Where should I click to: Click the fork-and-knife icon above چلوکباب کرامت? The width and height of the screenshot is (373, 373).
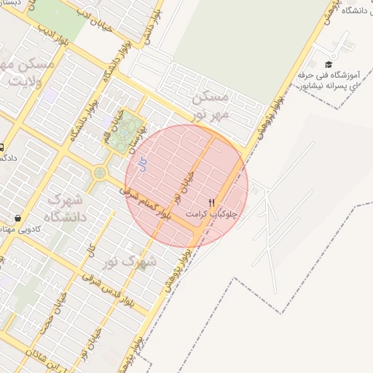pyautogui.click(x=212, y=203)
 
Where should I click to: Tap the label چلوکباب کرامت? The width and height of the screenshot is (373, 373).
pyautogui.click(x=212, y=215)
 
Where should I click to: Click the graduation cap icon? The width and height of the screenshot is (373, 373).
pyautogui.click(x=329, y=64)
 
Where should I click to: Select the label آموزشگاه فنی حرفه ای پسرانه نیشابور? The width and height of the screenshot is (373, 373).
pyautogui.click(x=328, y=80)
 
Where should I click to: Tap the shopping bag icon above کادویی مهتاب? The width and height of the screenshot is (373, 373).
pyautogui.click(x=17, y=217)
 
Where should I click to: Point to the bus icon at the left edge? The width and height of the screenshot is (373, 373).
pyautogui.click(x=2, y=146)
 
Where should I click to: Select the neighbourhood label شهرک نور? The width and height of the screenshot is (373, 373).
pyautogui.click(x=129, y=260)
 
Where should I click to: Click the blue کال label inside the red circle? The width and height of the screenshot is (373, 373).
pyautogui.click(x=143, y=166)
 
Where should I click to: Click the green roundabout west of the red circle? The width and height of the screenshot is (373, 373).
pyautogui.click(x=99, y=173)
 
